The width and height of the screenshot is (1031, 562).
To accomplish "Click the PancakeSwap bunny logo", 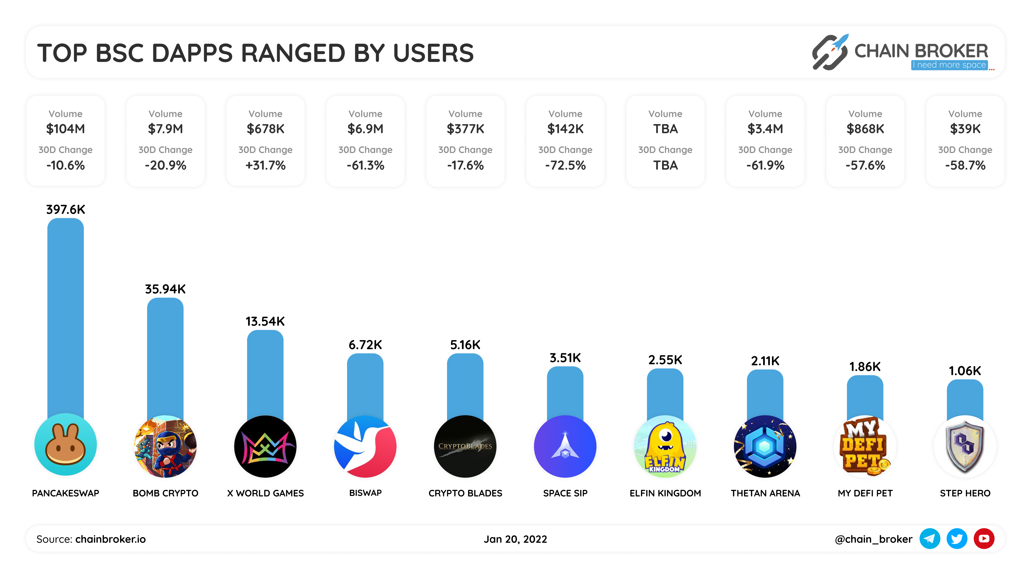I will tap(65, 445).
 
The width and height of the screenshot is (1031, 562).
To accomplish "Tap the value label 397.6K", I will tap(65, 209).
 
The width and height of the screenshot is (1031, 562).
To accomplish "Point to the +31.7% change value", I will tap(265, 165).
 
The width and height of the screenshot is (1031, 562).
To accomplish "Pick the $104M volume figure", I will tap(65, 129).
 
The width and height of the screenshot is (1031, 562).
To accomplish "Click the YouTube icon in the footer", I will tap(984, 539).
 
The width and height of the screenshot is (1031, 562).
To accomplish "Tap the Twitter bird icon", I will tap(957, 539).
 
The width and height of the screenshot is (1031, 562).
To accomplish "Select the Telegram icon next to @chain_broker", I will tap(929, 539).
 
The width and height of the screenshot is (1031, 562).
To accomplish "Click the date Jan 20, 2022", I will tap(515, 539).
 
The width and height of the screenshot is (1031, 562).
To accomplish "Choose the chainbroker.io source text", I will tap(110, 539).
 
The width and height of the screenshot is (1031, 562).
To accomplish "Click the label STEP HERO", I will tap(965, 493).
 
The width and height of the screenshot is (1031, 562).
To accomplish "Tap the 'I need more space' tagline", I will tap(949, 65).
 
